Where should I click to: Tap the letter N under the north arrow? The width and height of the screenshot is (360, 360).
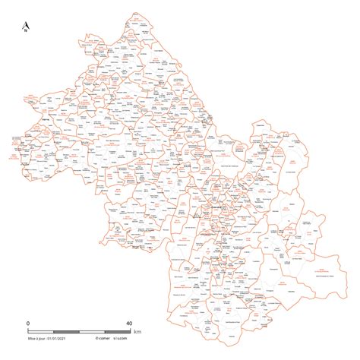[x=26, y=31]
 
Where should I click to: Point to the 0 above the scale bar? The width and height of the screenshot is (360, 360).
[x=27, y=323]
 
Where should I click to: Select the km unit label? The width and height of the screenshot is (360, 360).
[x=137, y=332]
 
